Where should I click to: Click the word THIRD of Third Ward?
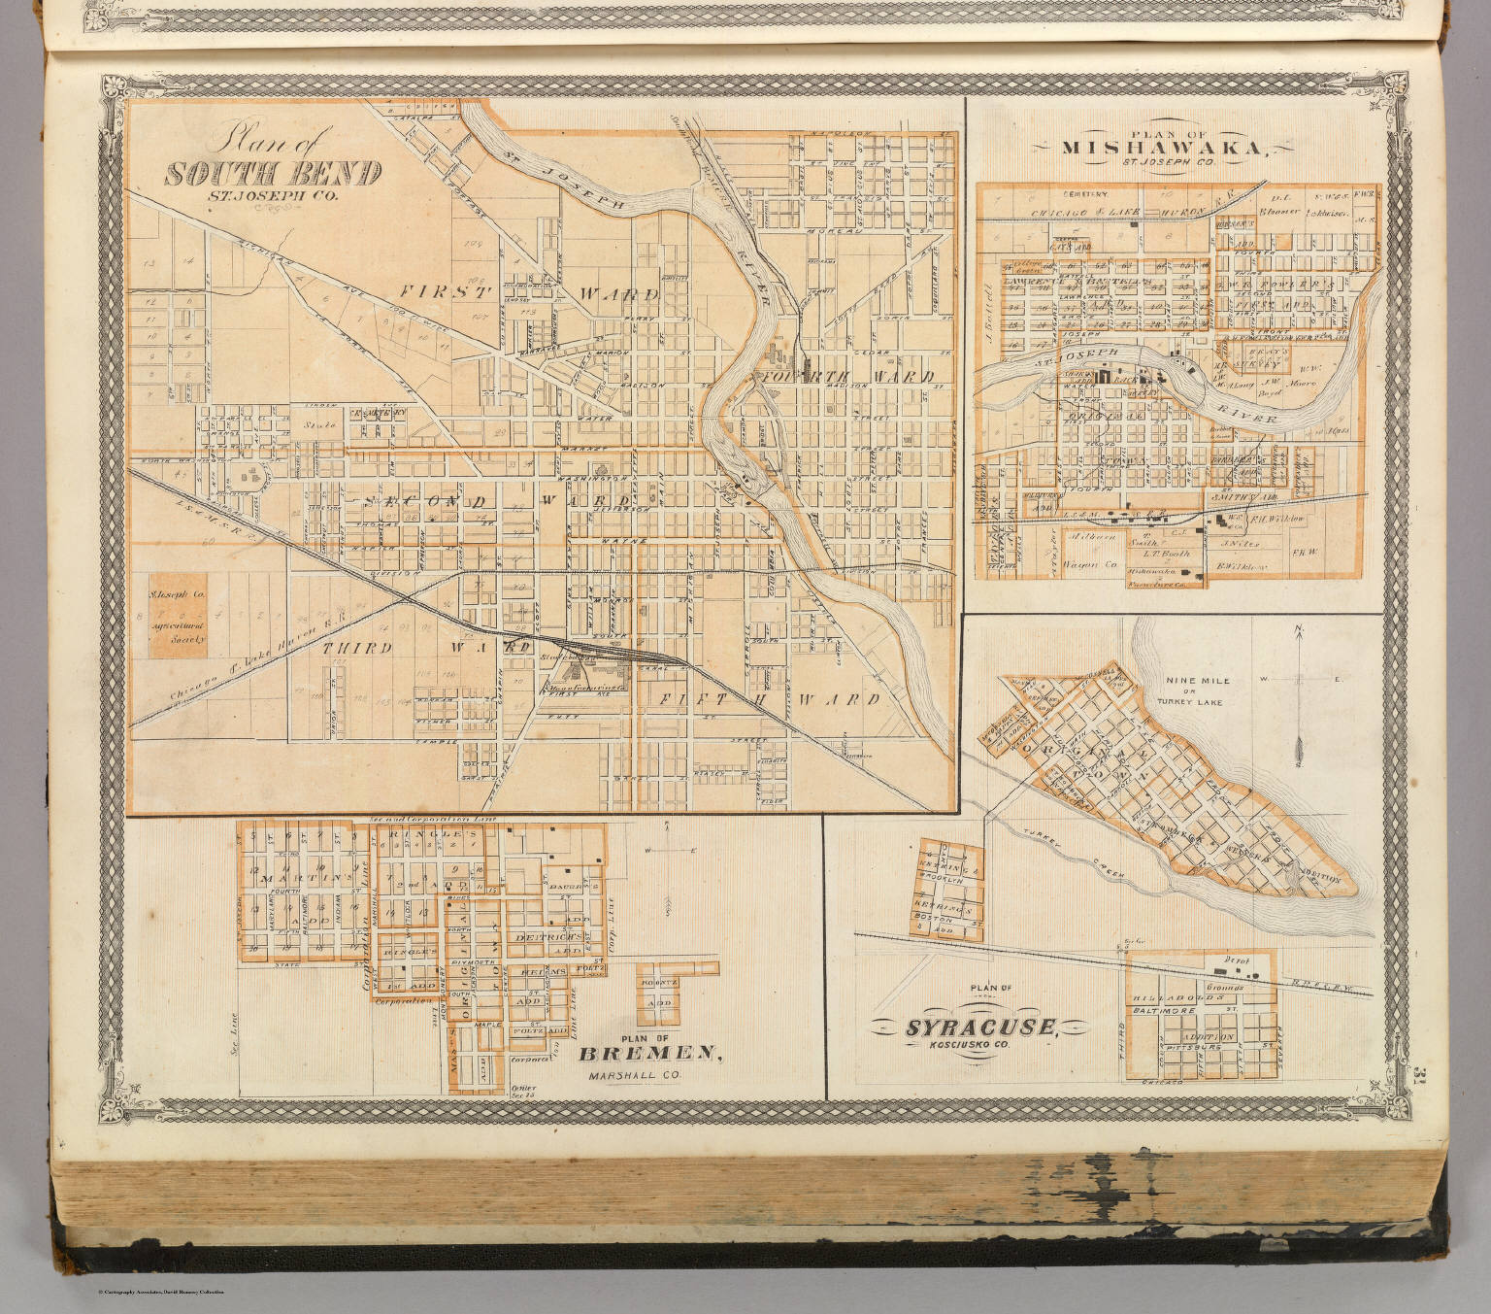coord(358,648)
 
